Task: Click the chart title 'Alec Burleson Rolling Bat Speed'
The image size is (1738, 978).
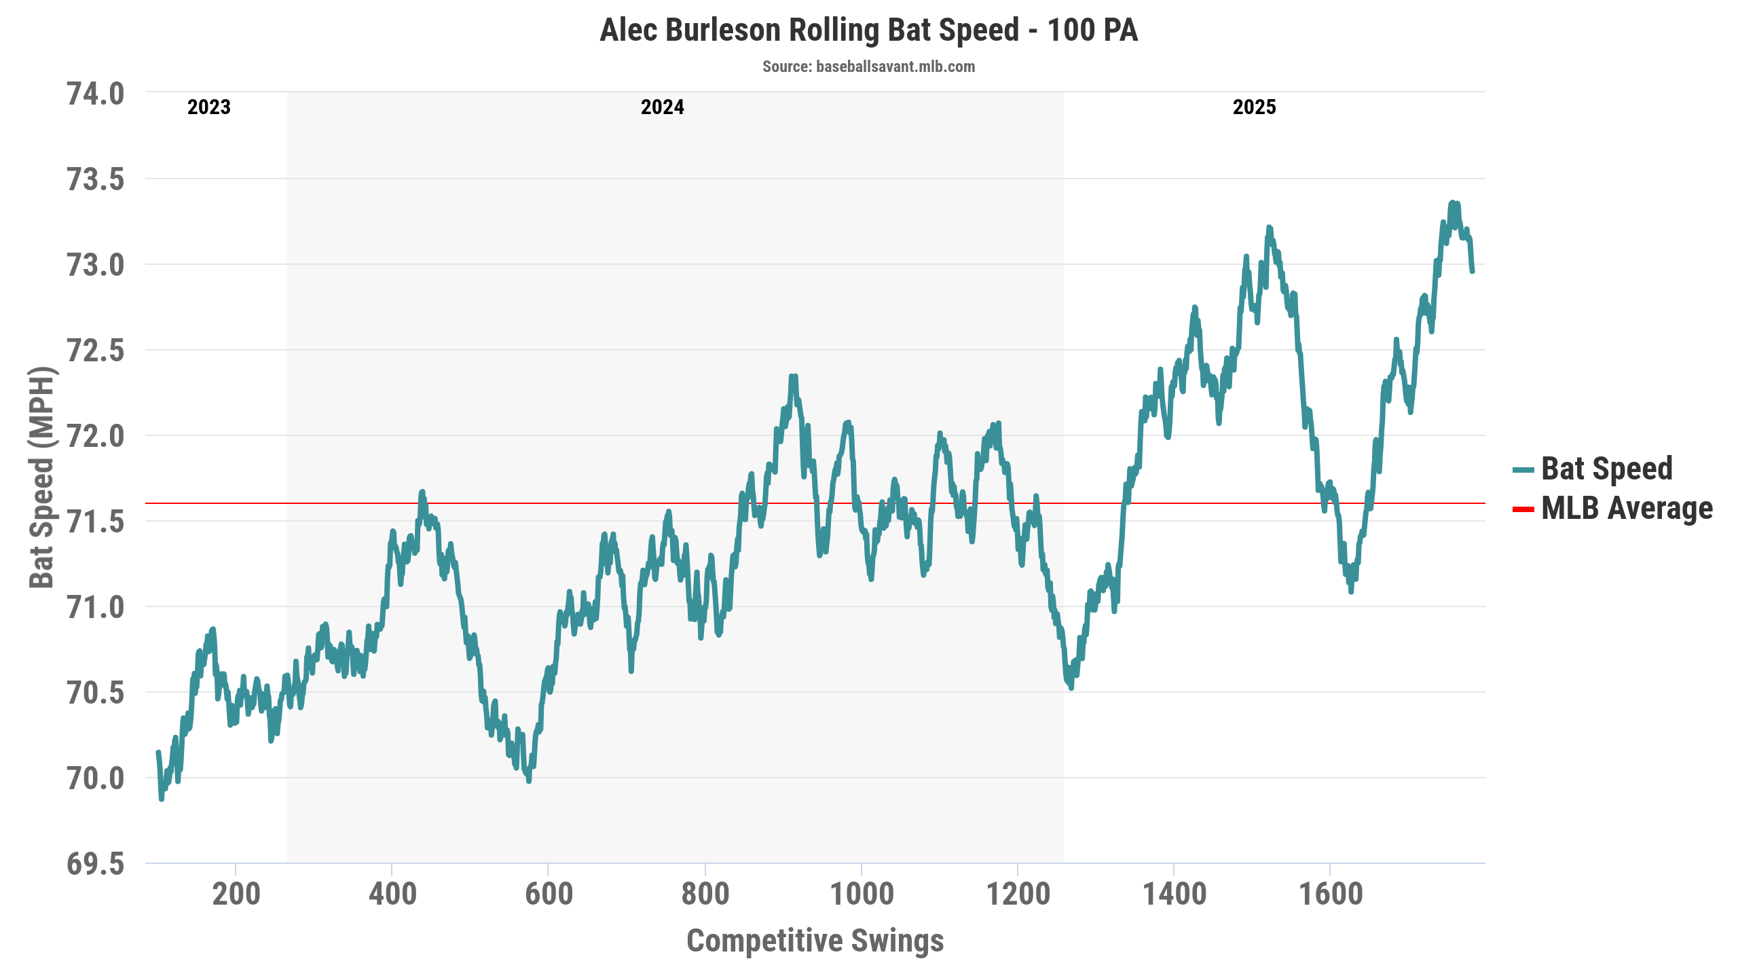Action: [868, 31]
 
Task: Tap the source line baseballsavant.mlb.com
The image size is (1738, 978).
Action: [868, 67]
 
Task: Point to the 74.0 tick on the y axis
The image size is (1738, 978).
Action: [96, 94]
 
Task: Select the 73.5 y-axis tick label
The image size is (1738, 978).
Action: [96, 179]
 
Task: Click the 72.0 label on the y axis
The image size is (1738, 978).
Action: [96, 436]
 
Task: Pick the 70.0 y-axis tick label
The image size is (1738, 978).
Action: [96, 778]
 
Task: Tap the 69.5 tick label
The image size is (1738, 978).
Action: [96, 864]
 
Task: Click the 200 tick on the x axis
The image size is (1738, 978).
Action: [236, 894]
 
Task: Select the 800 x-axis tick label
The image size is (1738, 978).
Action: [705, 894]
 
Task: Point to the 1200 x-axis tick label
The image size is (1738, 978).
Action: [1018, 894]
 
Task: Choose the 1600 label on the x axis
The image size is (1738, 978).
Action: [1330, 894]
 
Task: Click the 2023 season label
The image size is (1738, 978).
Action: [209, 107]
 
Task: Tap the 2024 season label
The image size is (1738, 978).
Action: [663, 107]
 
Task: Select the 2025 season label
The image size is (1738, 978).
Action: [1255, 107]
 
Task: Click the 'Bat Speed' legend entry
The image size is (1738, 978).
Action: [1606, 469]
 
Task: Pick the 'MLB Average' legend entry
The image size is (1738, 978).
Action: [1627, 508]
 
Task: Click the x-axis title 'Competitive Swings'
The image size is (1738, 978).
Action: [815, 941]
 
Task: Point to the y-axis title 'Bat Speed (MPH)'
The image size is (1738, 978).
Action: [41, 477]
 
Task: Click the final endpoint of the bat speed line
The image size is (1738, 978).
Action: [1473, 272]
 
